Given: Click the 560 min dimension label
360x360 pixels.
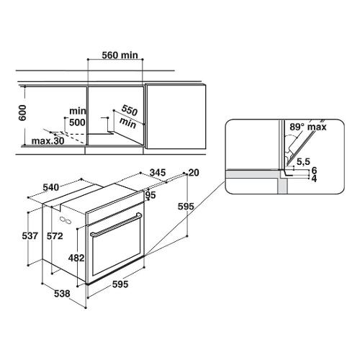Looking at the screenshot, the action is point(120,55).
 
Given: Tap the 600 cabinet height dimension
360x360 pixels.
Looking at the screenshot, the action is point(22,113).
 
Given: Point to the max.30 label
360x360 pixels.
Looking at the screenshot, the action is point(48,141).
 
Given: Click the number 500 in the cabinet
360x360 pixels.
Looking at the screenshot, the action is point(77,122).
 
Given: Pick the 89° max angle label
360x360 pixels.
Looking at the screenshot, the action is point(308,127).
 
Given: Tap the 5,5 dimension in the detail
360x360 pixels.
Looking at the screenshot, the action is point(303,162).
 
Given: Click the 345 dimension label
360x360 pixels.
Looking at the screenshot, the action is point(158,172).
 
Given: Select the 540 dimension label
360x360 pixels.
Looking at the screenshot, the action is point(50,187).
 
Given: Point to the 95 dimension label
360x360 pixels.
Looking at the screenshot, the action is point(150,195).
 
